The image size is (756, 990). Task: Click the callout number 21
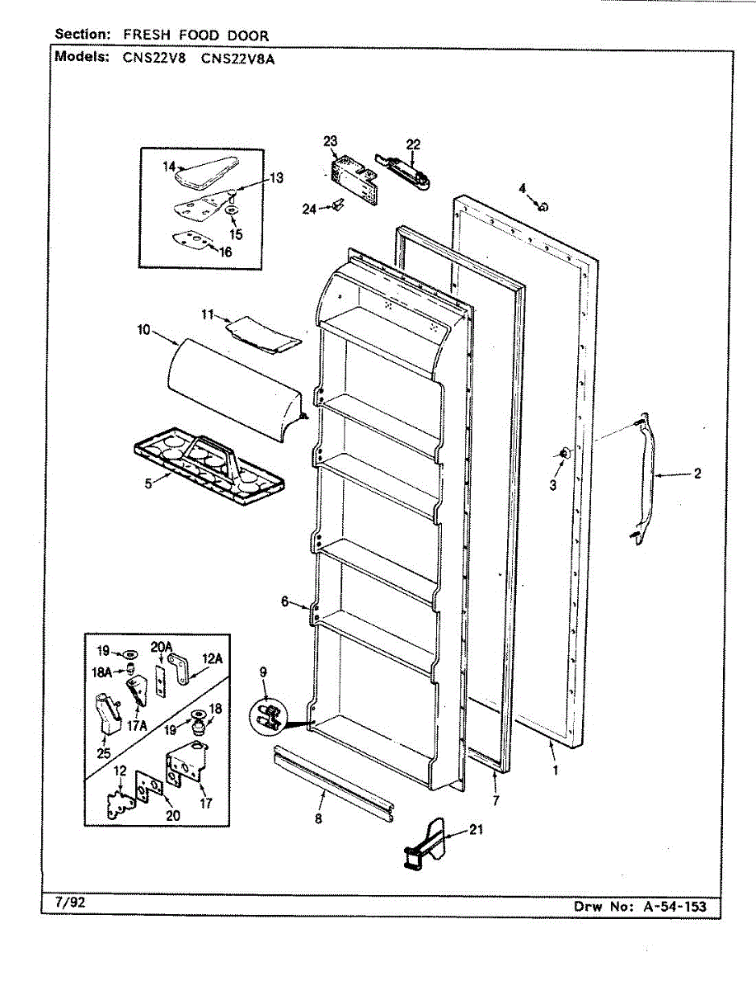click(x=477, y=831)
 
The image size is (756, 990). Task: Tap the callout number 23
click(x=330, y=141)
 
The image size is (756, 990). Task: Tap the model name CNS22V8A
click(x=237, y=58)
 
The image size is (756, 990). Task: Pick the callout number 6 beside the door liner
click(x=285, y=602)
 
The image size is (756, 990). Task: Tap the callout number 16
click(x=225, y=252)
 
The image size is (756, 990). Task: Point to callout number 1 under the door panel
click(x=555, y=771)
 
